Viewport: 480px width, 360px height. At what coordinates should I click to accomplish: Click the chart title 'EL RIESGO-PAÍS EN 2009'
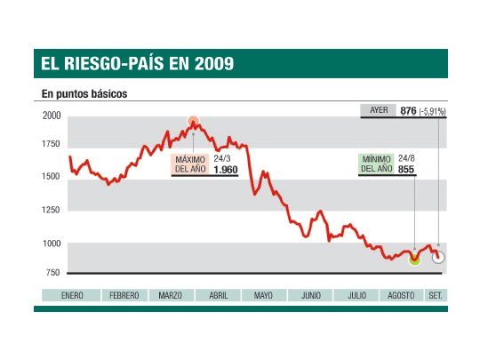point(137,64)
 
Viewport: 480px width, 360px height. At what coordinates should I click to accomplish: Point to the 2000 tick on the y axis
point(51,116)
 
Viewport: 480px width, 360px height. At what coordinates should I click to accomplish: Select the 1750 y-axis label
point(51,144)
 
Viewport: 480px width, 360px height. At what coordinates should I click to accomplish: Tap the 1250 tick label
point(51,211)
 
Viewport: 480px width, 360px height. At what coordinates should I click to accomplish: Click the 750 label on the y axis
point(52,272)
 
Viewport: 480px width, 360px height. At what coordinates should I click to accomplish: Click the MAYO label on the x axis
point(262,295)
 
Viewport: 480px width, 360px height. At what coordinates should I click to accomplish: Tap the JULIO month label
point(357,295)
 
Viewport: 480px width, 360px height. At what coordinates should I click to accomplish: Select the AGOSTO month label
point(403,295)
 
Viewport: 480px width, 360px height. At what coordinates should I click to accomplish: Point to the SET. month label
point(436,295)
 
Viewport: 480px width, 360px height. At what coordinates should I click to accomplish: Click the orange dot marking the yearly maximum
point(194,122)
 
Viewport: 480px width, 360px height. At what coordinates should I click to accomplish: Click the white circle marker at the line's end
point(439,258)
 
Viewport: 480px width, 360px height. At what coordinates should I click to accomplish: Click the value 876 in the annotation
point(409,110)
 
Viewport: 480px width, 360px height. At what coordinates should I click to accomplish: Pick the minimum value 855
point(404,169)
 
